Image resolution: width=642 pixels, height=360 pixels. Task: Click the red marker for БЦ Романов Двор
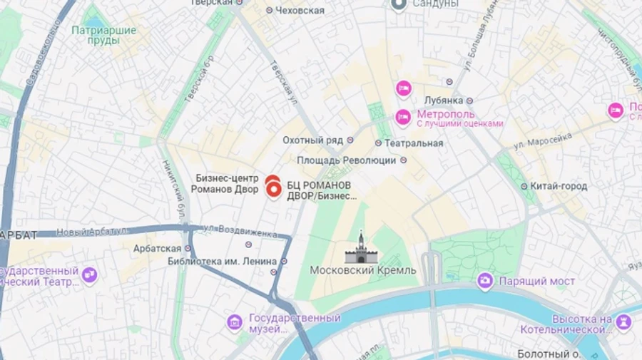click(272, 187)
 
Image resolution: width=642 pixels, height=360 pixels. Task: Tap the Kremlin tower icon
click(361, 248)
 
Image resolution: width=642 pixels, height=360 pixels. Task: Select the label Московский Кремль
click(363, 270)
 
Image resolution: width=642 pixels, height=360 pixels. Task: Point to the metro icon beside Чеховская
click(269, 10)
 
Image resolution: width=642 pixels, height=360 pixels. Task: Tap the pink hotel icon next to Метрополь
click(403, 117)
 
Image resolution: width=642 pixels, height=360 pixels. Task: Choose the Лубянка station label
click(443, 101)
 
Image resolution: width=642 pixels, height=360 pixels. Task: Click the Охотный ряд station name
click(313, 140)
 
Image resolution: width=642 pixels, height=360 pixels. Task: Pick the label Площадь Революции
click(346, 160)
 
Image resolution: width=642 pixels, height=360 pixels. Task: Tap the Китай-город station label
click(559, 186)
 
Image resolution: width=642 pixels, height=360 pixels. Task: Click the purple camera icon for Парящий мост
click(485, 281)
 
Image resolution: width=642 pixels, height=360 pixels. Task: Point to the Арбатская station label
click(157, 248)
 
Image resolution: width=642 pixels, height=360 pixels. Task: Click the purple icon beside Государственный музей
click(235, 323)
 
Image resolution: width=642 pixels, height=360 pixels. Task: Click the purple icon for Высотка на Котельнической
click(623, 322)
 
